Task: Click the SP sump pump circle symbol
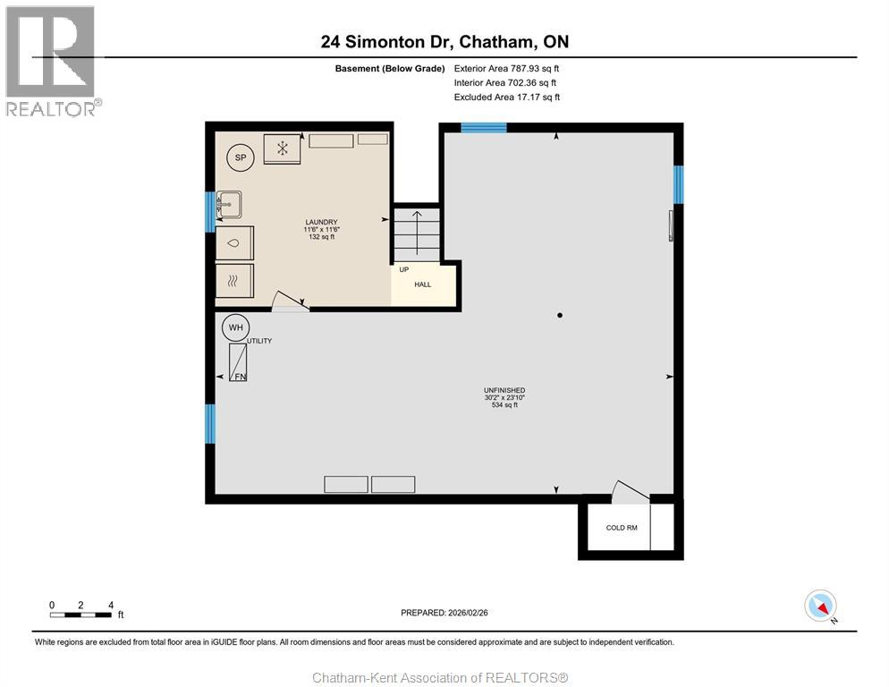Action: (240, 157)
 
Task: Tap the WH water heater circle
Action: (235, 328)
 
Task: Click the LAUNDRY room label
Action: (321, 223)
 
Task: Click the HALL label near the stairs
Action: (422, 284)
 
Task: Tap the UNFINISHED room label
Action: (504, 390)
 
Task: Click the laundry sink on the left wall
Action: (229, 205)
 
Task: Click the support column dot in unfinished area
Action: (560, 315)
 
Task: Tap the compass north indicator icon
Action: (820, 606)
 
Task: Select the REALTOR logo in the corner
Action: (52, 61)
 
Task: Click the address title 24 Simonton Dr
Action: (444, 41)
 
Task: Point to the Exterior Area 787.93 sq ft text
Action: (506, 68)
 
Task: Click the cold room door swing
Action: (630, 489)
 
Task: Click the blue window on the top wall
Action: (483, 127)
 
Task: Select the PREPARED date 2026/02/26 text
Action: (444, 613)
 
